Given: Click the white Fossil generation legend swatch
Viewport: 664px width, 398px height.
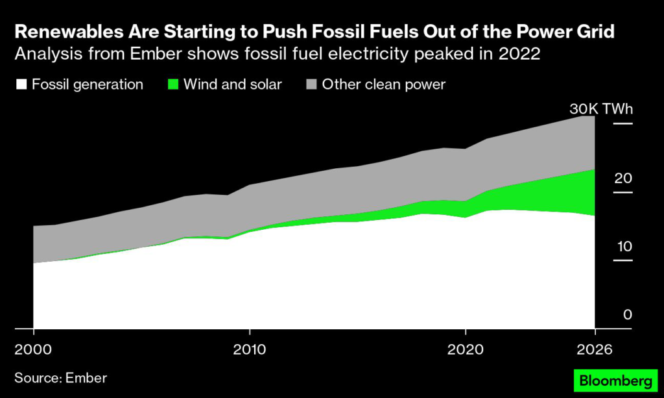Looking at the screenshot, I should coord(21,84).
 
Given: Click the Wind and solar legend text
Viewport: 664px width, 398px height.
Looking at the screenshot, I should coord(233,84).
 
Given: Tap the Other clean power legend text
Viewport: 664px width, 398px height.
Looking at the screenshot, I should coord(384,84).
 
